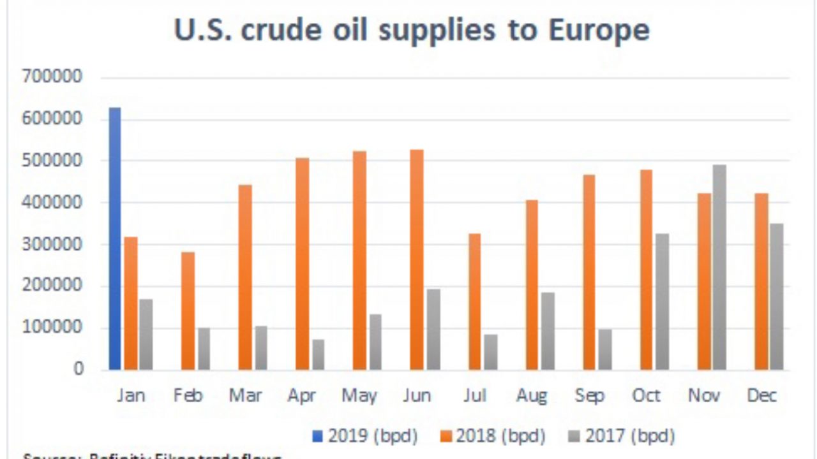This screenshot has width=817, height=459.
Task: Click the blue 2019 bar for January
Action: (115, 239)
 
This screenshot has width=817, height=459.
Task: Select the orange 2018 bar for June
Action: (416, 259)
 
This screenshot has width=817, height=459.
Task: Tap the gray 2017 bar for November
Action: (719, 267)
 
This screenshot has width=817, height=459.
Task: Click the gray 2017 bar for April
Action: (318, 354)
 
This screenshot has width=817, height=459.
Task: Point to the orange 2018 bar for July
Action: (475, 302)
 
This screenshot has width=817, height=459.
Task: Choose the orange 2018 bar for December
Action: (761, 281)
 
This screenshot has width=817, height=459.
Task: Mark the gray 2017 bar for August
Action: (547, 331)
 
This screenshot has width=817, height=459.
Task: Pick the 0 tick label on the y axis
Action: (79, 369)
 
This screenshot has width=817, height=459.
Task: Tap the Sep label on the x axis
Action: (589, 396)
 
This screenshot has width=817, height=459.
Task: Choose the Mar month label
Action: (246, 396)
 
